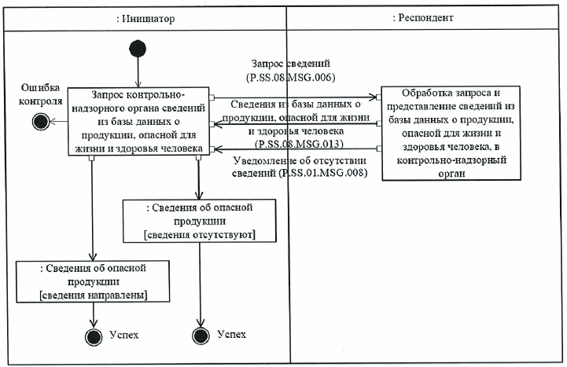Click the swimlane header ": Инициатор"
click(144, 17)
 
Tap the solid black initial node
click(138, 47)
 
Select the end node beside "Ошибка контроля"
click(40, 120)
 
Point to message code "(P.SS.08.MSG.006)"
click(291, 77)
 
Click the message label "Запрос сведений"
click(290, 63)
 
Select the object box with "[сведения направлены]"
click(94, 281)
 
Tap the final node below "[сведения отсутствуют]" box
click(201, 336)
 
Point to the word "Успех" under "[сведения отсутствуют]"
click(230, 335)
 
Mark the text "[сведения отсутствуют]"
click(200, 234)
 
